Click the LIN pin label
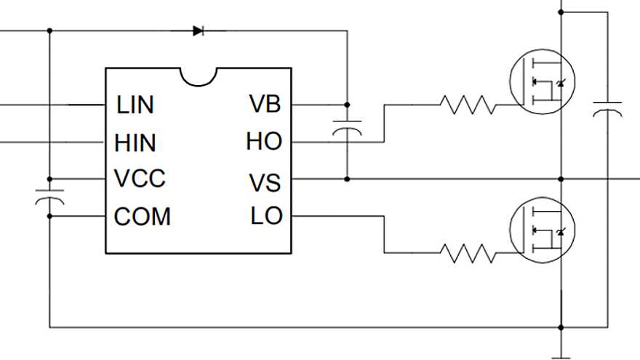tap(135, 105)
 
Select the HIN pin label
tap(135, 143)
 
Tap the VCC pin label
tap(140, 179)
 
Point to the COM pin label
tap(143, 217)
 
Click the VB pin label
tap(265, 105)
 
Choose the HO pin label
tap(263, 142)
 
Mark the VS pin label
tap(265, 182)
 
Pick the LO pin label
tap(266, 216)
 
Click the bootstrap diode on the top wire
tap(199, 31)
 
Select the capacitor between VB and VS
tap(347, 129)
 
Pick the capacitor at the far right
tap(607, 110)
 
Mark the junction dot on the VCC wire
tap(49, 179)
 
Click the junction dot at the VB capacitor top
tap(347, 105)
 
